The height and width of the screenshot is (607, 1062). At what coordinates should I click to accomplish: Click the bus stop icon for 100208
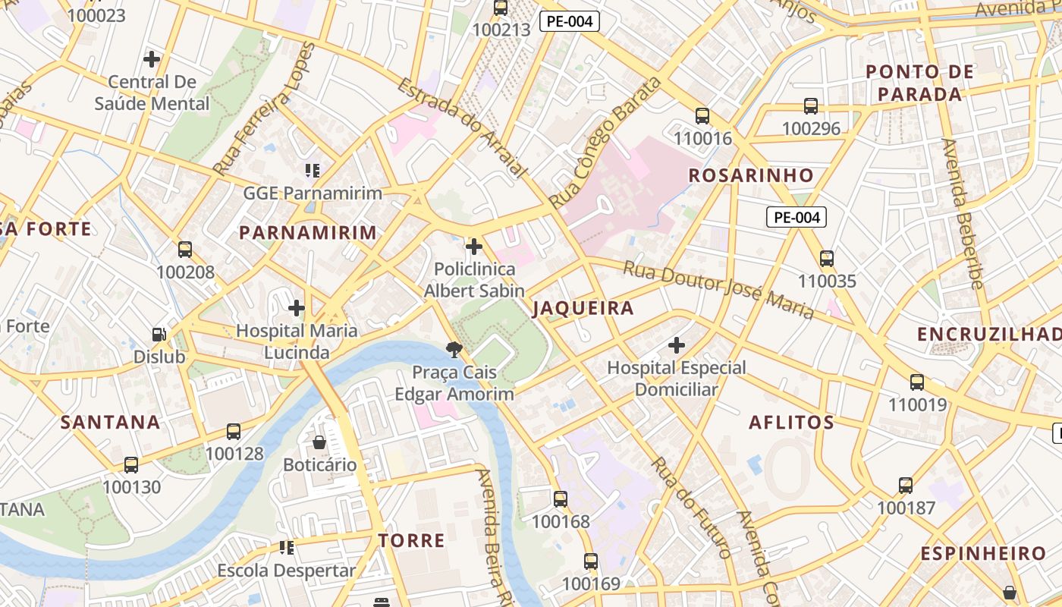[x=184, y=250]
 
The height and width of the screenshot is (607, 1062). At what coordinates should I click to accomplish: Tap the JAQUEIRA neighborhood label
[x=583, y=308]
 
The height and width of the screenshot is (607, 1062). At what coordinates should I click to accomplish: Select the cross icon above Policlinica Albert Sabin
[x=474, y=247]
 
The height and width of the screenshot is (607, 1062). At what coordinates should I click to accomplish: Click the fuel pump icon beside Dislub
[x=159, y=334]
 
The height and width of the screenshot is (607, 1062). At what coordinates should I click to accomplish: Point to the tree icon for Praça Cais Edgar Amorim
[x=454, y=350]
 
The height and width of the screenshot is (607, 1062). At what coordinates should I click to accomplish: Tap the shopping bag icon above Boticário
[x=319, y=442]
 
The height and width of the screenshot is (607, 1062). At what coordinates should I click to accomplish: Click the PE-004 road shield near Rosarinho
[x=795, y=218]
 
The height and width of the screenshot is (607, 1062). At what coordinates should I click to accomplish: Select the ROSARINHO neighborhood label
[x=750, y=175]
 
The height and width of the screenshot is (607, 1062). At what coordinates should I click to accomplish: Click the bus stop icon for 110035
[x=827, y=259]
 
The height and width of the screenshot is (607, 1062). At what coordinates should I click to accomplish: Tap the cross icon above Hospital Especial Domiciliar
[x=677, y=346]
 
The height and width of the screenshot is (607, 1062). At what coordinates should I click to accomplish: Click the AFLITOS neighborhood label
[x=791, y=423]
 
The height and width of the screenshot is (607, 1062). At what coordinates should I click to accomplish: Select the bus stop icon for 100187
[x=906, y=485]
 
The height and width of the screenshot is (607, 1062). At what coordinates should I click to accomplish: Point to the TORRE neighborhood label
[x=411, y=540]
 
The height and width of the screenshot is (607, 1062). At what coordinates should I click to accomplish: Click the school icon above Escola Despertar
[x=287, y=547]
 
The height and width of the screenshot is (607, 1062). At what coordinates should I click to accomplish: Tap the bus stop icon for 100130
[x=131, y=464]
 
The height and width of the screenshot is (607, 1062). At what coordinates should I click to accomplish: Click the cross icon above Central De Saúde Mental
[x=152, y=58]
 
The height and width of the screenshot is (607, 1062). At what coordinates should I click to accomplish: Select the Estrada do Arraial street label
[x=461, y=127]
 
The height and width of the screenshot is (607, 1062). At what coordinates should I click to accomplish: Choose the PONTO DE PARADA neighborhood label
[x=919, y=83]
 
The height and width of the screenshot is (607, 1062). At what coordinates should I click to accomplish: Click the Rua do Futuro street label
[x=691, y=506]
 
